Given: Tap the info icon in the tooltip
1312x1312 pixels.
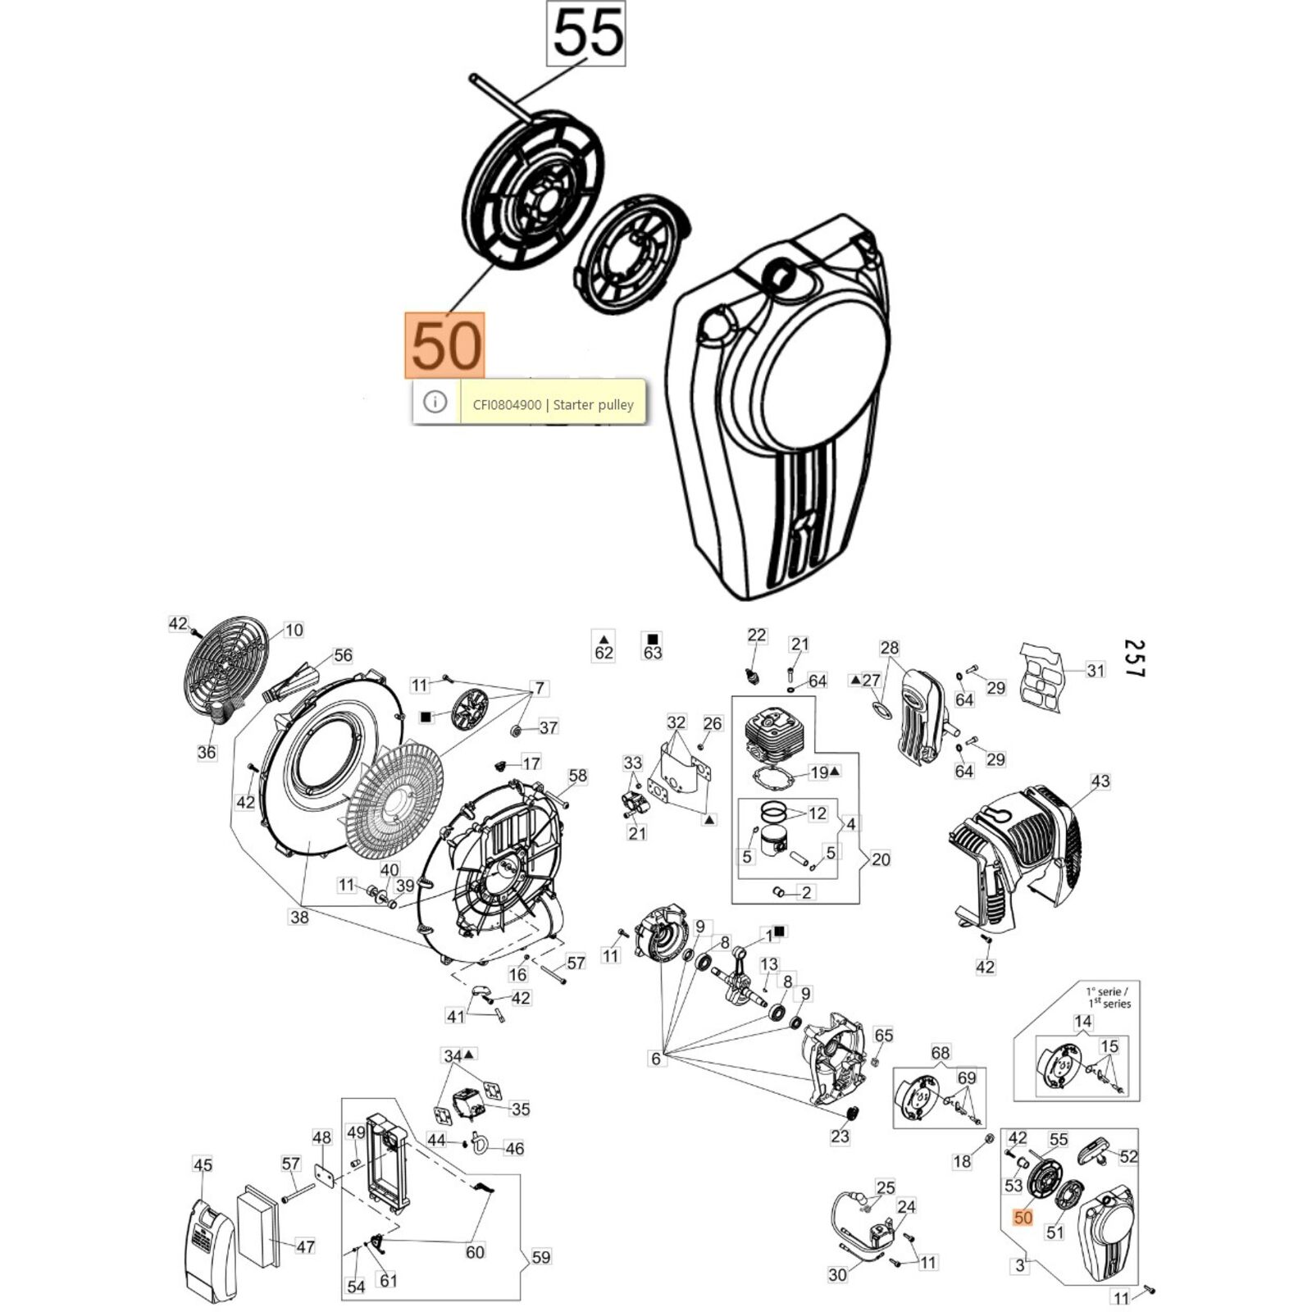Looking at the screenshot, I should tap(435, 402).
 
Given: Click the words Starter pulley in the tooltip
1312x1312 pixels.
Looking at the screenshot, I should tap(593, 404).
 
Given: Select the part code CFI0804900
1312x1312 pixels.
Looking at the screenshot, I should tap(506, 404).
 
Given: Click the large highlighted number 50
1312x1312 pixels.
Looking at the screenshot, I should tap(445, 345).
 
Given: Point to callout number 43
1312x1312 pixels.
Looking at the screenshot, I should tap(1100, 781).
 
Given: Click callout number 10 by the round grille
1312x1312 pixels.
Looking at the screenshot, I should tap(293, 630).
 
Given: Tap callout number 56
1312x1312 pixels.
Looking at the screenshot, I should tap(343, 655).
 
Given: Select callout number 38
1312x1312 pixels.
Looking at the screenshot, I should tap(299, 917).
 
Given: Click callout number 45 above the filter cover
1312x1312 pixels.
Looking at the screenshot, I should tap(203, 1164).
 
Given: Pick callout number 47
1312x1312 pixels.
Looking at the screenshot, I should tap(305, 1246).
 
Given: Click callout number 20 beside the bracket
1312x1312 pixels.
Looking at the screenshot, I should tap(881, 859).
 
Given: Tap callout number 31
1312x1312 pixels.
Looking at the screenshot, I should tap(1096, 670).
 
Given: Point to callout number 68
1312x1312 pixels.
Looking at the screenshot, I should tap(940, 1053).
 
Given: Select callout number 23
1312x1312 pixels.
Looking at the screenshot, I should tap(840, 1137).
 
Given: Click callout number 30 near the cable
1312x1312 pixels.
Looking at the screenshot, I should tap(837, 1274).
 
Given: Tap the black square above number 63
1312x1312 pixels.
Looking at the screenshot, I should tap(653, 639).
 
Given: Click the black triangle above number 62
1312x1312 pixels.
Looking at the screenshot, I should tap(604, 639).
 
